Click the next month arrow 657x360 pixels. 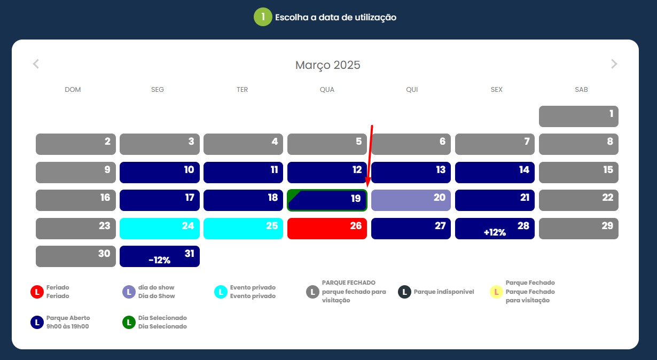click(x=614, y=64)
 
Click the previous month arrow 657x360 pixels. click(x=36, y=64)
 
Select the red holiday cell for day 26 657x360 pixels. click(x=327, y=228)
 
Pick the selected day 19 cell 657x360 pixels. click(x=327, y=200)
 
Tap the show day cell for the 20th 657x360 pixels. click(x=411, y=200)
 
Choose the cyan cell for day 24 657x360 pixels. click(x=160, y=228)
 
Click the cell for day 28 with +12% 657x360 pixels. click(x=495, y=228)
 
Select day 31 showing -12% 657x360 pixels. click(x=160, y=256)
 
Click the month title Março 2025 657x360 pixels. click(x=328, y=65)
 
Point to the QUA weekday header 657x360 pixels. click(x=327, y=90)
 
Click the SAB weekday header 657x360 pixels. click(x=581, y=90)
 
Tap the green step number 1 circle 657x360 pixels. click(x=262, y=17)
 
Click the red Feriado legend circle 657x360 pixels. click(x=37, y=292)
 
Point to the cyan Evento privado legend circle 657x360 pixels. click(x=221, y=292)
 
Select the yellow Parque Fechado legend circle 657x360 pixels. click(x=496, y=292)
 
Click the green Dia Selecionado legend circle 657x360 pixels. click(x=129, y=323)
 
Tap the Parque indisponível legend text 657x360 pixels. click(x=443, y=292)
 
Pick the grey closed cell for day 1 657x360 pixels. click(x=578, y=116)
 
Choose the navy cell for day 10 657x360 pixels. click(x=160, y=172)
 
